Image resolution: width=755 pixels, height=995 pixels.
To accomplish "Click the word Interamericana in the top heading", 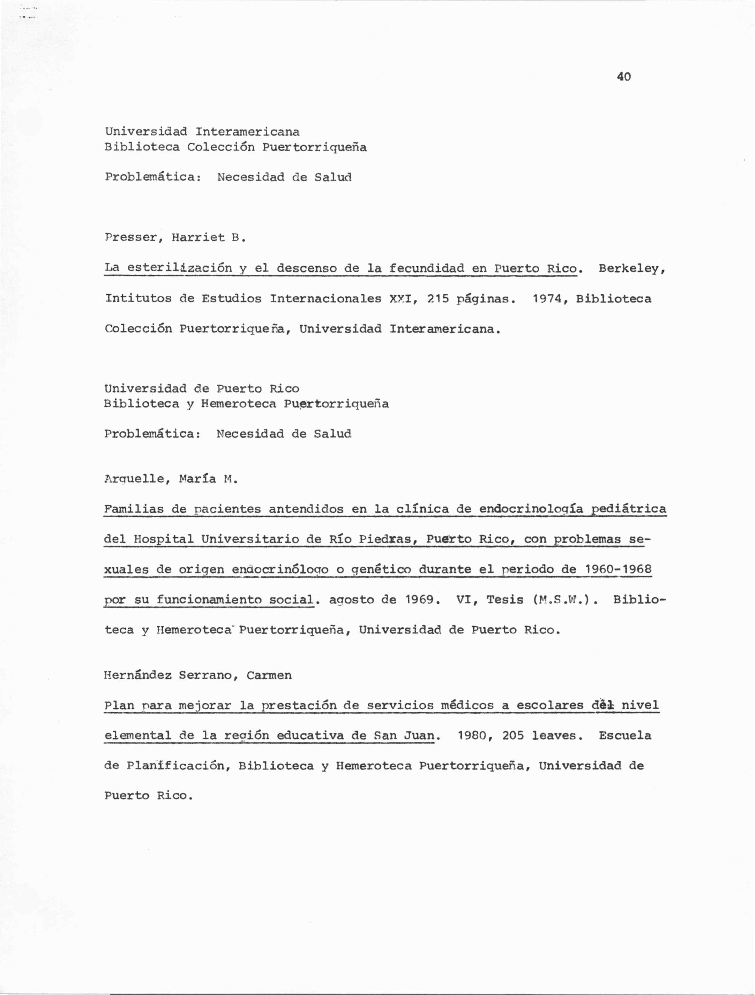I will coord(247,132).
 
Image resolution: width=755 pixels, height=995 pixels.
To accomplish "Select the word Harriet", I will coord(198,238).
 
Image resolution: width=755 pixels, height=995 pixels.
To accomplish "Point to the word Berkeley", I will coord(631,269).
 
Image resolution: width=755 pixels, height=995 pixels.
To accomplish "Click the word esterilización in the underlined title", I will coord(179,269).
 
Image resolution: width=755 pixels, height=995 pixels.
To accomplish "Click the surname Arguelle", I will coord(134,479).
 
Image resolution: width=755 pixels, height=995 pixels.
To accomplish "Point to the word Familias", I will coord(134,509).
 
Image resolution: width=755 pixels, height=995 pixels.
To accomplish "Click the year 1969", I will coord(420,600).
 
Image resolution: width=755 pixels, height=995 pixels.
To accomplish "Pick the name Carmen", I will coord(269,675).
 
